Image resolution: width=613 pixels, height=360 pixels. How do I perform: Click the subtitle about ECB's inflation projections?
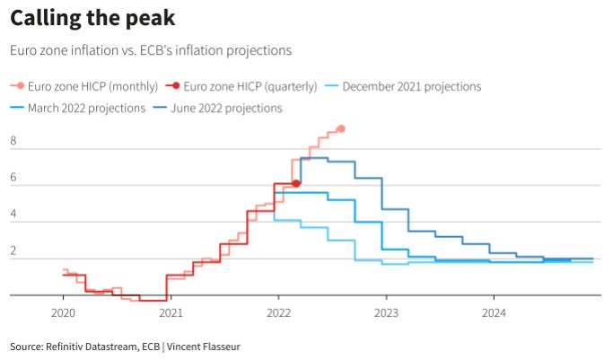[x=151, y=51]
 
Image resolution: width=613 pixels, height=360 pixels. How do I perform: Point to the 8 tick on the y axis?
[x=13, y=142]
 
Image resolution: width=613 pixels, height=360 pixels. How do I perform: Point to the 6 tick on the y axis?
[x=13, y=178]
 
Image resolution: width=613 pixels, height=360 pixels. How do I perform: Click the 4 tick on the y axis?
[x=13, y=215]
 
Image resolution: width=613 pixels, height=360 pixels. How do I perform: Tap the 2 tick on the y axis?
[x=13, y=251]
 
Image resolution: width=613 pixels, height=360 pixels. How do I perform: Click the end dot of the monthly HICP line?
[x=341, y=129]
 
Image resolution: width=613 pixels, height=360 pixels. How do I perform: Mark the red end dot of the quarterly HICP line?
[x=296, y=183]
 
